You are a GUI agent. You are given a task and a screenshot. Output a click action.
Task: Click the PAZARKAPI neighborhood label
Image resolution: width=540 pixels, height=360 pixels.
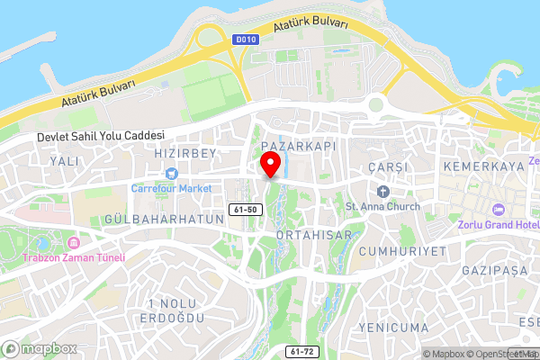[286, 145]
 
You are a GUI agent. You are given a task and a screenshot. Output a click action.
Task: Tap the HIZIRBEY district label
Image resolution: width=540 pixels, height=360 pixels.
[185, 154]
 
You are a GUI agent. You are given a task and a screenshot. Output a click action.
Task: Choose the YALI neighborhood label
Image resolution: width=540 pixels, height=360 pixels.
[66, 160]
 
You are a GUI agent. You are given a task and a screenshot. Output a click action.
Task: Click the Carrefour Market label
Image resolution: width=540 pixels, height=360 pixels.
[171, 188]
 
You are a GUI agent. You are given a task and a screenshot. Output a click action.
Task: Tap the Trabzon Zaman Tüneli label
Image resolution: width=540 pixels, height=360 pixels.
[73, 256]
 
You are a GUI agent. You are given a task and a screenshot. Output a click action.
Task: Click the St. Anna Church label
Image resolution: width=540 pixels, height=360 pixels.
[382, 205]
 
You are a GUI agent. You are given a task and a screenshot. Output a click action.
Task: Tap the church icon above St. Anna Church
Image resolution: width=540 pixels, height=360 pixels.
[383, 190]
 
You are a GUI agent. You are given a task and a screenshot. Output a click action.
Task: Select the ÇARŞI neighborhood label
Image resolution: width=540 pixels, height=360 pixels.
[389, 167]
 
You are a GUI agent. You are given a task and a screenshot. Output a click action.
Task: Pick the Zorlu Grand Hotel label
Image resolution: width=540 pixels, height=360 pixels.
[498, 223]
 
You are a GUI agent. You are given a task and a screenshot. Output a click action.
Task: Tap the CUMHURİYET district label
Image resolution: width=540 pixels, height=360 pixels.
[401, 251]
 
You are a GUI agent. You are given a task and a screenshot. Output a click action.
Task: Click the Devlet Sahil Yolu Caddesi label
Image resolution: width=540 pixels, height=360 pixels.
[101, 136]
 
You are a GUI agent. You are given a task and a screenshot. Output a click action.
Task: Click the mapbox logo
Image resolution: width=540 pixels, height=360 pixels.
[40, 348]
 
